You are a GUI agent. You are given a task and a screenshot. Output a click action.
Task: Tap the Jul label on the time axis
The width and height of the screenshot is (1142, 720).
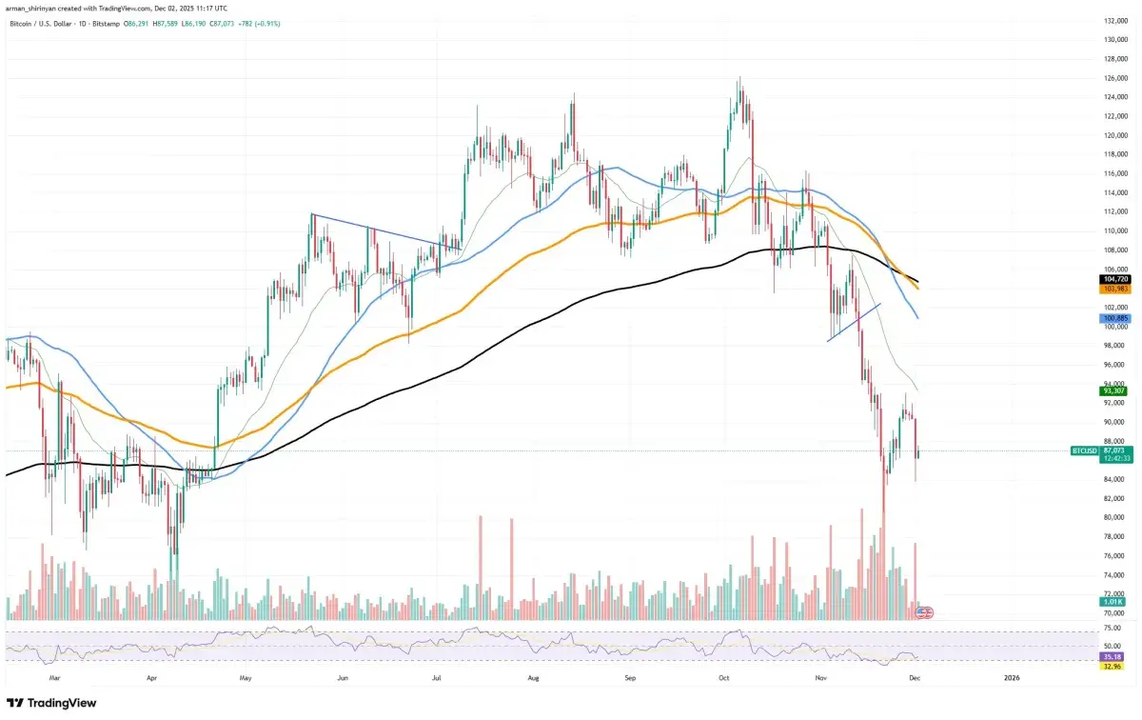pyautogui.click(x=437, y=678)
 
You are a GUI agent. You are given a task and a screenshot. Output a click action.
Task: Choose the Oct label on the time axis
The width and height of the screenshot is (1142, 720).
pyautogui.click(x=724, y=678)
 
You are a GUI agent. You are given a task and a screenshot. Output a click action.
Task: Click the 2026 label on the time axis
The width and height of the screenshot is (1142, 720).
pyautogui.click(x=1011, y=678)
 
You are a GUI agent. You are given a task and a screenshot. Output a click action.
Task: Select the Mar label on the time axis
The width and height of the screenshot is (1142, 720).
pyautogui.click(x=54, y=678)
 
